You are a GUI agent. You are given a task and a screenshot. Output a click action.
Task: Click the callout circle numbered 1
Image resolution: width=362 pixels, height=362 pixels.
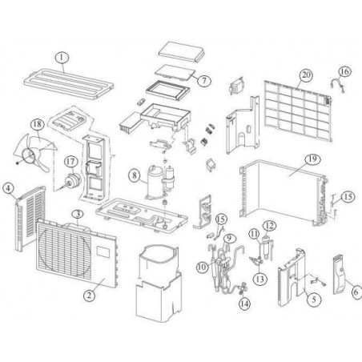pos(62,58)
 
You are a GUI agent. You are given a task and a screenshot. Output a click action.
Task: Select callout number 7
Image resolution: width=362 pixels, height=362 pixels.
pos(204,80)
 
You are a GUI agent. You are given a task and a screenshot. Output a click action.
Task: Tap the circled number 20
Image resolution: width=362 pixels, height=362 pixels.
pos(306,75)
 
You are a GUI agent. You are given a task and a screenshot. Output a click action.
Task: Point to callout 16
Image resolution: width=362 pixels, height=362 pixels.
pos(344,71)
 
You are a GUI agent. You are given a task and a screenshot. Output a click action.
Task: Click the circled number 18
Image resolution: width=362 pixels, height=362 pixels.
pos(38,124)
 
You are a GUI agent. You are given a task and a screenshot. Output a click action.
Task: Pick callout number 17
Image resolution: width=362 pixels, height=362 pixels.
pos(71,162)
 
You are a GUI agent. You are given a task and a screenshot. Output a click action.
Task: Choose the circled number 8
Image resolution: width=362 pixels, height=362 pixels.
pos(135,175)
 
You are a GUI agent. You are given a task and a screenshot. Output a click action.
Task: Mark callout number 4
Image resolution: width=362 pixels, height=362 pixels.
pos(8,188)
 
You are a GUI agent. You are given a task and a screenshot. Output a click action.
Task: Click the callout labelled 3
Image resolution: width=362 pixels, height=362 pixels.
pos(78,215)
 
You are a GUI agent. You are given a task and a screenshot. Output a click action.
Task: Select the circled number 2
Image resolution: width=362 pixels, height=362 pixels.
pos(89,295)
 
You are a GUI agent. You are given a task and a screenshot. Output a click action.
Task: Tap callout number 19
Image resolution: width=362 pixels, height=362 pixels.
pos(312,159)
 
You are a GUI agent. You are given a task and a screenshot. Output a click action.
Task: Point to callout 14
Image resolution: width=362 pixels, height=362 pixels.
pos(244,304)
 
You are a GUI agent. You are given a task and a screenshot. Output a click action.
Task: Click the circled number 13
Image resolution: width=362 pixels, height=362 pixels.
pos(260,280)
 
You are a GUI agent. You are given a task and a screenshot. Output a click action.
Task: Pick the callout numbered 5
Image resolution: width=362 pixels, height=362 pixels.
pos(314,300)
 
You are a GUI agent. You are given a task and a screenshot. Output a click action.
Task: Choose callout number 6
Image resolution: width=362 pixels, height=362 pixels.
pos(356,292)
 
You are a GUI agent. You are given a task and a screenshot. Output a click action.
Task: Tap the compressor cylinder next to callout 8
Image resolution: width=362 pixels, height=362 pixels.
pos(155,183)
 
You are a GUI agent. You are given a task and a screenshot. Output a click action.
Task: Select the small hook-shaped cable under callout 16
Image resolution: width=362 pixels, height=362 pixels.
pos(337,85)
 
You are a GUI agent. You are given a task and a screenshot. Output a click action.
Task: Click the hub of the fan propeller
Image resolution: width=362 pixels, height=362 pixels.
pos(29,155)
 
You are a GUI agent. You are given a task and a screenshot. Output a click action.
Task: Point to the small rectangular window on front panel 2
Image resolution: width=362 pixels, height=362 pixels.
pos(103,251)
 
